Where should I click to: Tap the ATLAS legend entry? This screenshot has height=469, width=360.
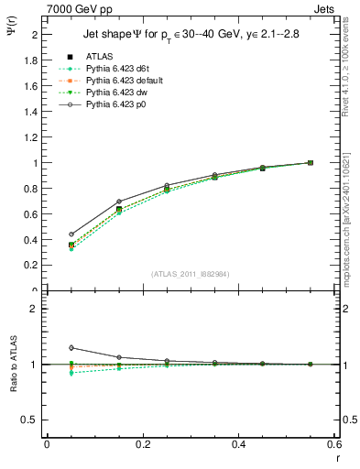(x=101, y=57)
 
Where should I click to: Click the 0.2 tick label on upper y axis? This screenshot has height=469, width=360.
(x=28, y=266)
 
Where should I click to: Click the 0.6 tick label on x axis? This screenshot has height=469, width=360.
(x=334, y=445)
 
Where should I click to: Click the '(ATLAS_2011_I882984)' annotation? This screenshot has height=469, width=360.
(x=191, y=274)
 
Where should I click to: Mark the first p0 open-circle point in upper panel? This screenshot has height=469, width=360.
(x=71, y=234)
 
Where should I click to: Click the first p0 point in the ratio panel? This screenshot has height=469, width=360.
(x=71, y=347)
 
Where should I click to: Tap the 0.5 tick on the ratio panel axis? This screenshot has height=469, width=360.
(x=28, y=420)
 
